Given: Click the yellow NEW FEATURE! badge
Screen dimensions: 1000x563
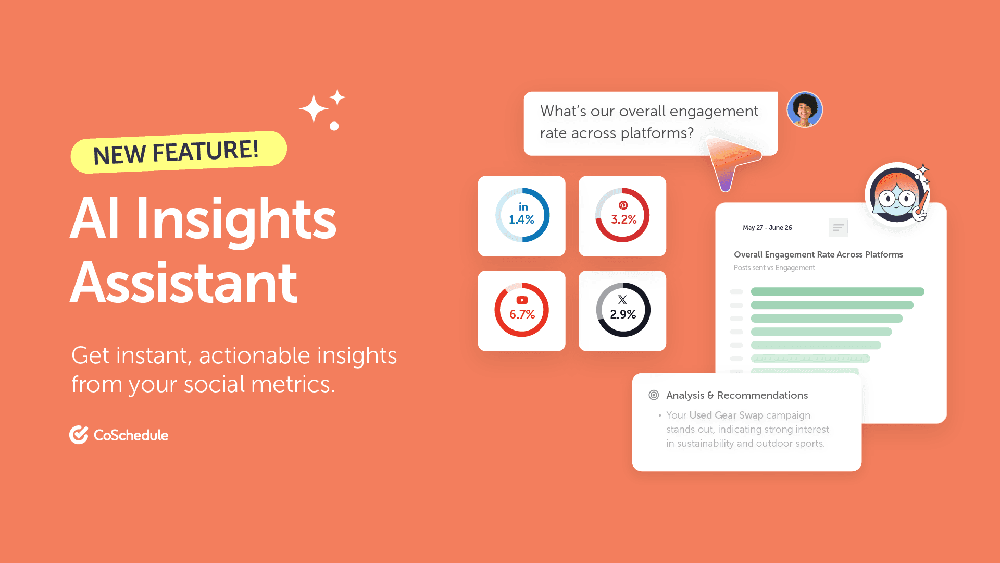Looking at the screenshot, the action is point(179,152).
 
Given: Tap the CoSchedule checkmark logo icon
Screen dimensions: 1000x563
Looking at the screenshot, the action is point(79,435).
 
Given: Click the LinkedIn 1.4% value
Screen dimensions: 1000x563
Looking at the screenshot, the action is point(521,219).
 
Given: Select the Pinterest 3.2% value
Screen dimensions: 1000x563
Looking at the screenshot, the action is point(623,219).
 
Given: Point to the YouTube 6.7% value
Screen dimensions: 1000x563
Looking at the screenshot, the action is point(522,314).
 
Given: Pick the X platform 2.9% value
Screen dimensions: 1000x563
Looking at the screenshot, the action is point(623,314).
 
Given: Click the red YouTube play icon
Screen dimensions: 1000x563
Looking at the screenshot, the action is point(522,300).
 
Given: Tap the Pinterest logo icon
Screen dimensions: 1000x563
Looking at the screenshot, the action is point(623,205).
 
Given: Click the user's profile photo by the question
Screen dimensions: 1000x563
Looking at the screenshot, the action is point(805,109).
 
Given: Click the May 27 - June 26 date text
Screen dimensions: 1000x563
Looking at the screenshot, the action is point(767,228).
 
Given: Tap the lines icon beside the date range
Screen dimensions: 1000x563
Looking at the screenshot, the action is point(839,228).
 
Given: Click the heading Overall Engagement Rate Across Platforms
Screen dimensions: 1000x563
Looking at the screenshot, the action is point(818,254).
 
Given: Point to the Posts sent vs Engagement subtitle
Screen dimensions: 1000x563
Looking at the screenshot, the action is point(774,267).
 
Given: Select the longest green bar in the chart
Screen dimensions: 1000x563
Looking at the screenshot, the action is point(838,292).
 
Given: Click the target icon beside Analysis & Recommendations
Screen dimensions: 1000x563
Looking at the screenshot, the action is point(654,395).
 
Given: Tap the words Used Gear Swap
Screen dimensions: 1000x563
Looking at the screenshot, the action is point(726,415).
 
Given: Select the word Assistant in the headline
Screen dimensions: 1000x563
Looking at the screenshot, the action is point(183,283).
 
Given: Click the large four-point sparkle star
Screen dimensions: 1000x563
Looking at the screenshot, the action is point(314,108).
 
